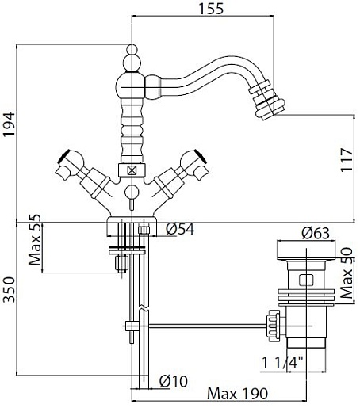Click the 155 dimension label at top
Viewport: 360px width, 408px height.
[x=211, y=8]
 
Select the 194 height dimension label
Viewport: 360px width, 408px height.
[x=9, y=124]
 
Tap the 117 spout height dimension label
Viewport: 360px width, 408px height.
[x=347, y=160]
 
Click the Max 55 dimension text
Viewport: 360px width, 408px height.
[x=35, y=240]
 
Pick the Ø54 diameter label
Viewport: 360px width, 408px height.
[x=180, y=229]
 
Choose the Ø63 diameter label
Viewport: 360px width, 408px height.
[x=316, y=233]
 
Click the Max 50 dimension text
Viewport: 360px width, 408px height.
[x=347, y=273]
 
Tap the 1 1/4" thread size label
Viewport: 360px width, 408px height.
[x=282, y=363]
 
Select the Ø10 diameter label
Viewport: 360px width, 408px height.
[x=174, y=381]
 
